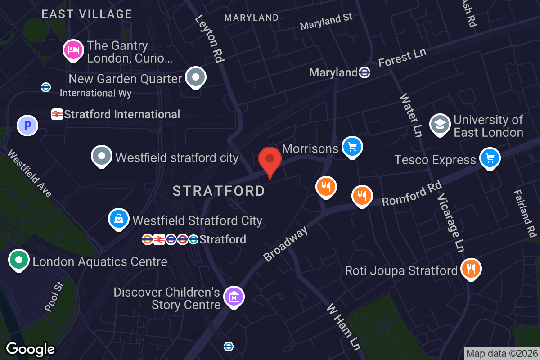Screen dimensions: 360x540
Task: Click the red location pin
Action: [x=270, y=160]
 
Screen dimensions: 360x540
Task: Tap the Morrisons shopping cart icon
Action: [x=352, y=146]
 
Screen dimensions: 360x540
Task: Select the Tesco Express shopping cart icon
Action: [x=490, y=158]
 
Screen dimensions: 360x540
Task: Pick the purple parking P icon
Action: [x=27, y=125]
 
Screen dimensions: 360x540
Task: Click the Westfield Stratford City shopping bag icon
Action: [x=118, y=219]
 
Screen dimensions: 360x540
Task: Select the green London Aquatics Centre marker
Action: [x=19, y=260]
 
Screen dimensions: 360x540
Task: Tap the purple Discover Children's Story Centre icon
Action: [x=234, y=297]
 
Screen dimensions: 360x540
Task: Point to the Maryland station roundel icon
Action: [x=364, y=72]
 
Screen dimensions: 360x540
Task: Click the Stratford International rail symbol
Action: [x=57, y=114]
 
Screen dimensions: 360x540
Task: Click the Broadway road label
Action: [x=286, y=244]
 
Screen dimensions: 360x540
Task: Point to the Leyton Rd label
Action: [x=210, y=38]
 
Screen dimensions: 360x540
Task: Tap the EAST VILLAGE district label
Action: [x=87, y=14]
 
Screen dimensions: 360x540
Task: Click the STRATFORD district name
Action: [x=219, y=191]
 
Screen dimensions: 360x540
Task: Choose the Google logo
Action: [x=30, y=349]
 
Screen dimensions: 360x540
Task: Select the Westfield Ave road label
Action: [x=30, y=174]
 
